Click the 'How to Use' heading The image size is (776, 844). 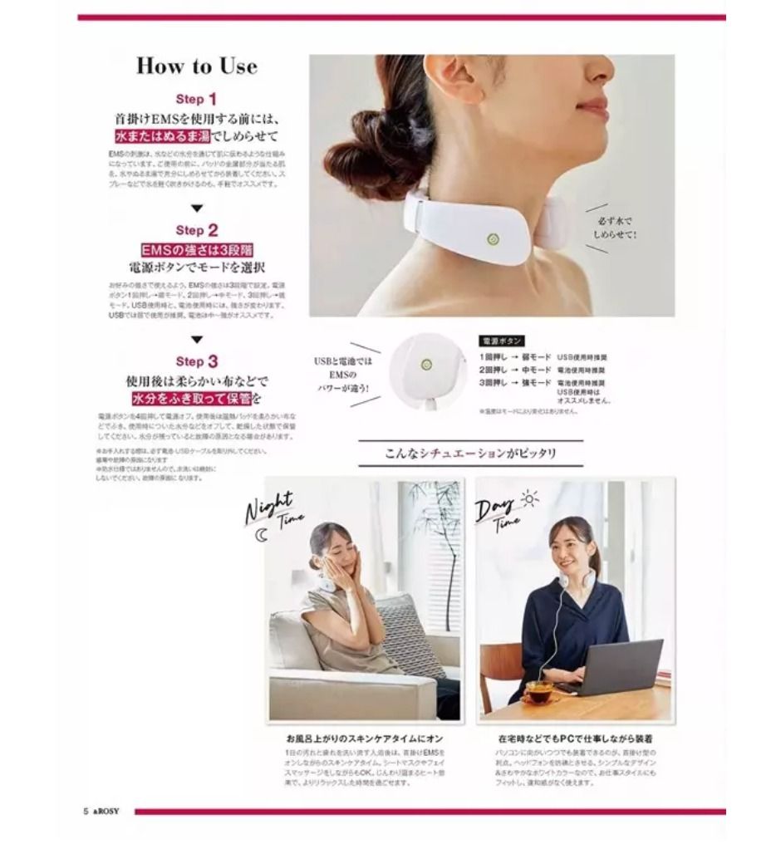point(197,66)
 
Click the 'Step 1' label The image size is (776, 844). point(196,99)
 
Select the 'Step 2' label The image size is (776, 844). point(196,230)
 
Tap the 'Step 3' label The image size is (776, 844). point(196,361)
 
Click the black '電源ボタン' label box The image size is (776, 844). point(502,341)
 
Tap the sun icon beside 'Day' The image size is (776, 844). point(528,498)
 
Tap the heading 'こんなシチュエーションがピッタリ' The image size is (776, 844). point(470,454)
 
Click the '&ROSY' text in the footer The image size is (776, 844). point(107,812)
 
